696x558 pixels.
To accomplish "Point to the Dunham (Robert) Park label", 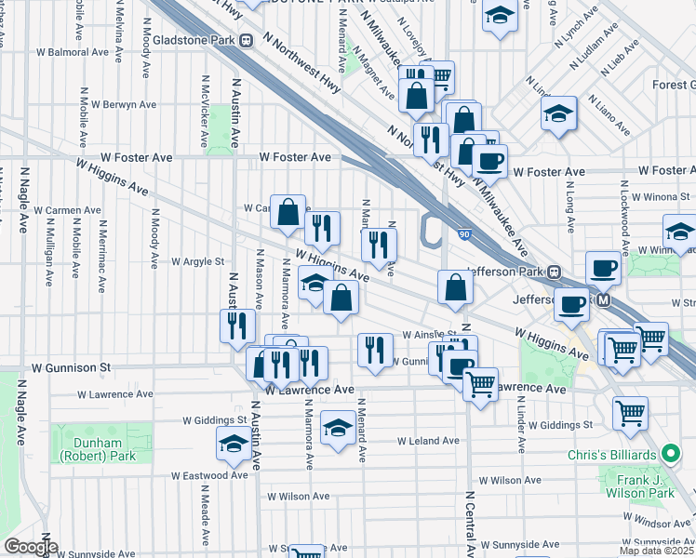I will click(97, 449).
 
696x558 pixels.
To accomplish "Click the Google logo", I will click(31, 547).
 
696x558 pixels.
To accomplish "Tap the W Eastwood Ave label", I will click(209, 475).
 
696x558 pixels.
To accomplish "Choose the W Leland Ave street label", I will click(428, 441).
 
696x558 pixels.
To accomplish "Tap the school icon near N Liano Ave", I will click(559, 113).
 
